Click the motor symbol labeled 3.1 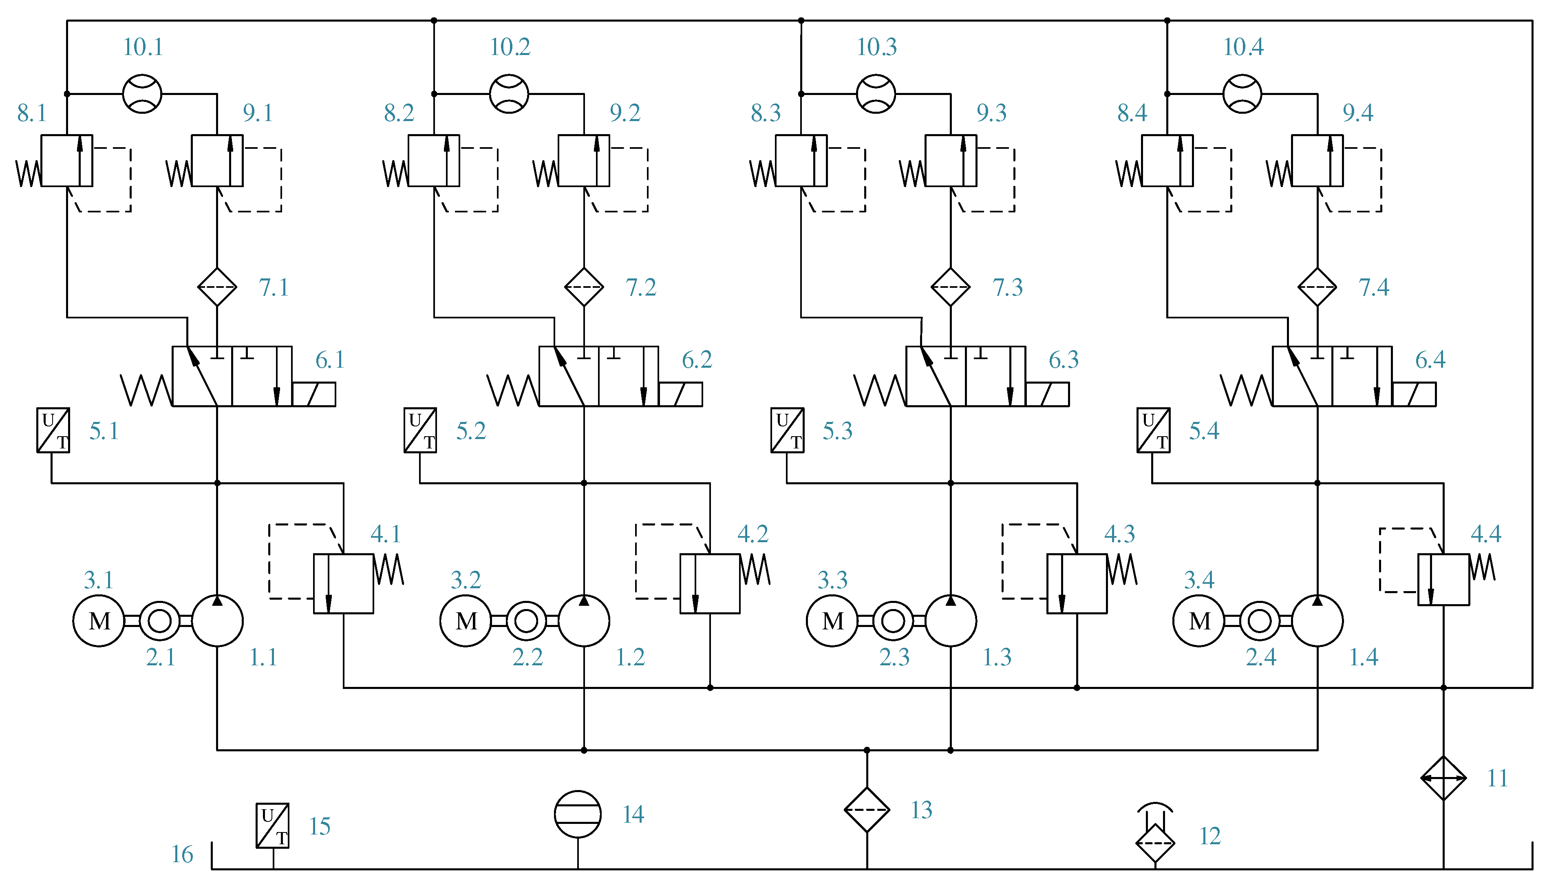coord(99,620)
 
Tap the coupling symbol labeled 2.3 coord(893,620)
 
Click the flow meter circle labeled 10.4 coord(1242,94)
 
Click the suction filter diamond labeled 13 coord(867,810)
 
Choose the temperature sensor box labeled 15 coord(272,826)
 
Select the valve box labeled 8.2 coord(434,161)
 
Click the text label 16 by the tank coord(182,854)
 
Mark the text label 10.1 coord(143,47)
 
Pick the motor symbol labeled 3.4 coord(1198,620)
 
